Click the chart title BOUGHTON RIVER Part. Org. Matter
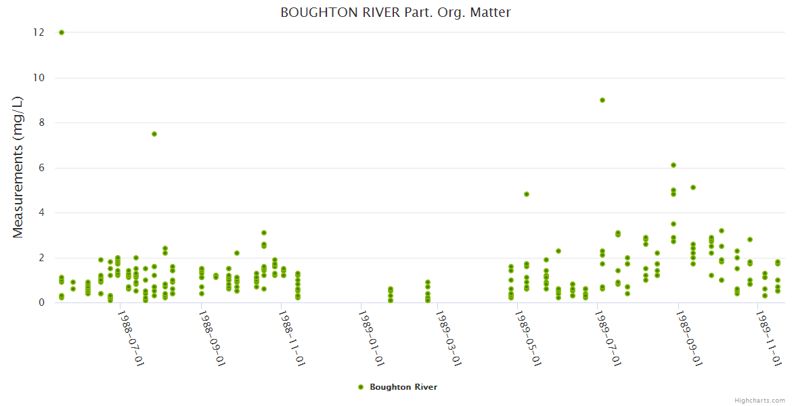pos(395,12)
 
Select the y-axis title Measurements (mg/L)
pos(18,167)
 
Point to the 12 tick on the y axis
pos(40,32)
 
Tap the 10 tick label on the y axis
pos(40,78)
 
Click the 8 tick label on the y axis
pos(42,122)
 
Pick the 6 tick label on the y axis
pos(42,168)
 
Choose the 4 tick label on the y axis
pos(42,212)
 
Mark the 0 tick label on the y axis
pos(42,302)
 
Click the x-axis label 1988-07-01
pos(131,338)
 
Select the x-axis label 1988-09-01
pos(212,338)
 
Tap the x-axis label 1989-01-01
pos(372,338)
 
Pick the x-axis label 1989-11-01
pos(769,338)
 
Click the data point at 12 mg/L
pos(62,32)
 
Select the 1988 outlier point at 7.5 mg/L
pos(154,134)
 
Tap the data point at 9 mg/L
pos(602,100)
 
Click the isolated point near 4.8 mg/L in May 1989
pos(527,194)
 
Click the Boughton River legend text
pos(403,387)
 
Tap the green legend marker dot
pos(361,387)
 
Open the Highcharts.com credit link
pos(760,400)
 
